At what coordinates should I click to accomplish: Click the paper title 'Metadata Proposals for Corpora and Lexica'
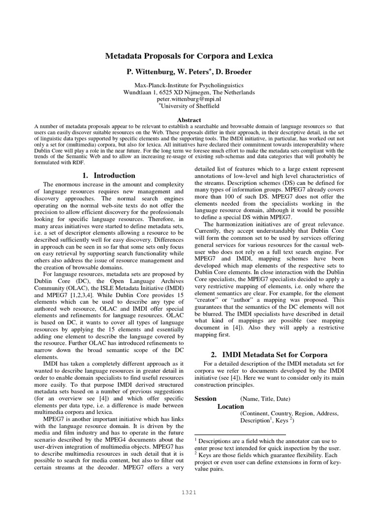(x=189, y=56)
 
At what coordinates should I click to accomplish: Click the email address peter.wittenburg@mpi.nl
(x=189, y=99)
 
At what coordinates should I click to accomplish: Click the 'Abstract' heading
(x=189, y=120)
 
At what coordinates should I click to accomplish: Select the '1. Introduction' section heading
(x=108, y=175)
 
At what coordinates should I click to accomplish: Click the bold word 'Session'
(x=205, y=398)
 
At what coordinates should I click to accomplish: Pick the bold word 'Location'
(x=230, y=406)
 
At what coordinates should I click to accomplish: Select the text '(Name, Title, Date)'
(x=265, y=399)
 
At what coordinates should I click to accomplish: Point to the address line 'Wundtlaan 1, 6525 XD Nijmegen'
(x=189, y=92)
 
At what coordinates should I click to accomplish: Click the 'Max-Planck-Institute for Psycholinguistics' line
(x=189, y=85)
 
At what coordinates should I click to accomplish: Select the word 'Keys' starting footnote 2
(x=205, y=454)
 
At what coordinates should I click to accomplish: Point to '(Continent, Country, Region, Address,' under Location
(x=289, y=413)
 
